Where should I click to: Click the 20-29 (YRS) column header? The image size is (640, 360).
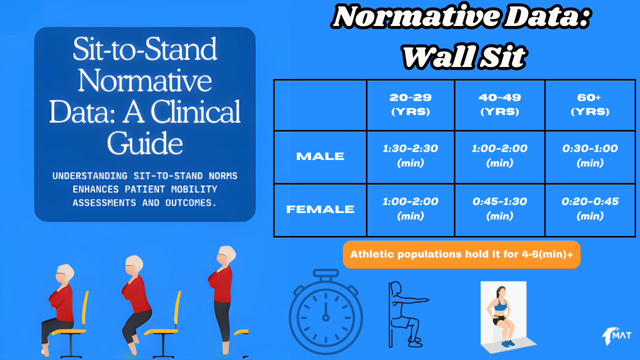(410, 104)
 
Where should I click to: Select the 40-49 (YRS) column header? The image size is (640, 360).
(499, 104)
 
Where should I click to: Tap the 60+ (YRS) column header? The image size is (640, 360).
(590, 104)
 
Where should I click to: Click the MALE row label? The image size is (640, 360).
(320, 156)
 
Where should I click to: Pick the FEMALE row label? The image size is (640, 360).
(320, 209)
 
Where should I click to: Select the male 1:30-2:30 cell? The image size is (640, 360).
(410, 155)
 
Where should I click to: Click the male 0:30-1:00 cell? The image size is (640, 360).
(590, 155)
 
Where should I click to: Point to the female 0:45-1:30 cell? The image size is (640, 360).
(499, 208)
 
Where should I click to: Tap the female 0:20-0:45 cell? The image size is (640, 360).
(590, 208)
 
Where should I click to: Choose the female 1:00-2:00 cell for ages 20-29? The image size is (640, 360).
(410, 208)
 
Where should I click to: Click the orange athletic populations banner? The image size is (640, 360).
(461, 254)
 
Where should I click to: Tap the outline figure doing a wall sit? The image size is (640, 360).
(407, 314)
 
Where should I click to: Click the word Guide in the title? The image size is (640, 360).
(145, 143)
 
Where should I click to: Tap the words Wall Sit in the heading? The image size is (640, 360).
(464, 57)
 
